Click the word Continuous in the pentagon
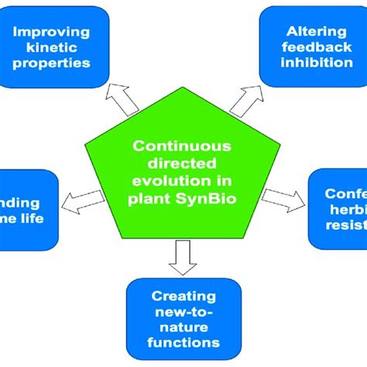click(183, 145)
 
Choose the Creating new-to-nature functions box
click(184, 318)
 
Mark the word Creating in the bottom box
click(184, 295)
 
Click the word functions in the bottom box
click(184, 341)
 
